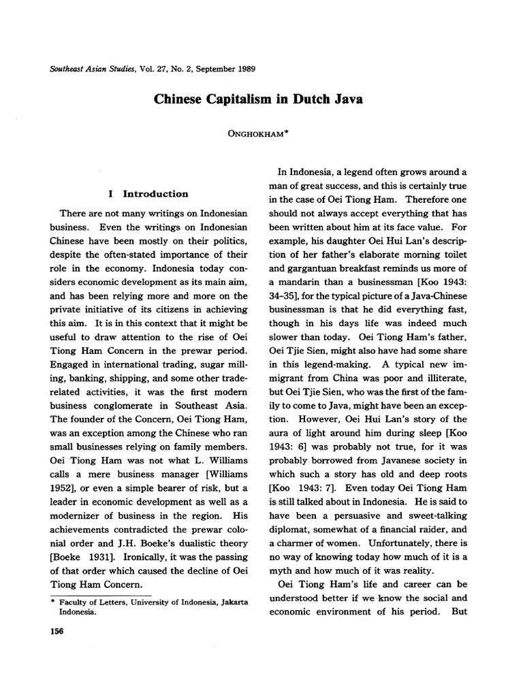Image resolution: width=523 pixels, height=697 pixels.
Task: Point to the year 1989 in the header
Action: pyautogui.click(x=243, y=69)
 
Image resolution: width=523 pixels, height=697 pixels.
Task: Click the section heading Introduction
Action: pyautogui.click(x=155, y=193)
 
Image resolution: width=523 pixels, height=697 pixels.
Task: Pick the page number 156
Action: pyautogui.click(x=57, y=632)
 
